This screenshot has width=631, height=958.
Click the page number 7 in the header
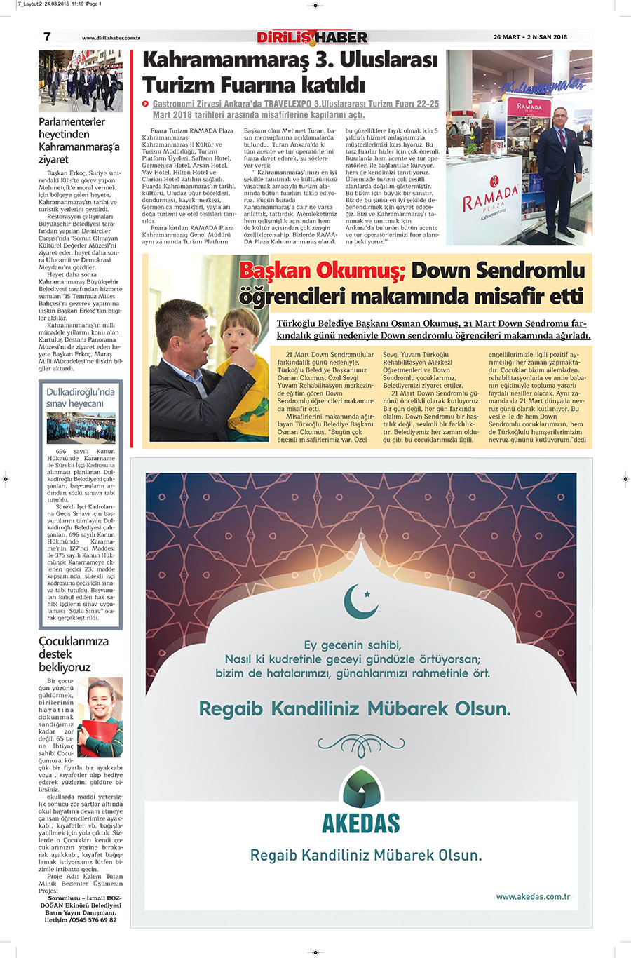[47, 37]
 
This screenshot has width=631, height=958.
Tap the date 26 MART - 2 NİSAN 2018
[530, 37]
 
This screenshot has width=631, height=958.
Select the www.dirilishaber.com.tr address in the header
[111, 38]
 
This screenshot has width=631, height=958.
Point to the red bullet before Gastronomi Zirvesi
[146, 104]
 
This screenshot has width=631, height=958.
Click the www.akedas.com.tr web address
[533, 896]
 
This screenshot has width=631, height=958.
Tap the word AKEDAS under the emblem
[360, 823]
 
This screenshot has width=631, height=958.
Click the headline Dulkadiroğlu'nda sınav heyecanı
[80, 398]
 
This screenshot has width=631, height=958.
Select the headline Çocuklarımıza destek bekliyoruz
[74, 654]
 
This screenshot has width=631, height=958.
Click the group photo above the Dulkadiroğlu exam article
[80, 428]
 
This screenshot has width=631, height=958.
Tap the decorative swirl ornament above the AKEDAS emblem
[361, 744]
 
